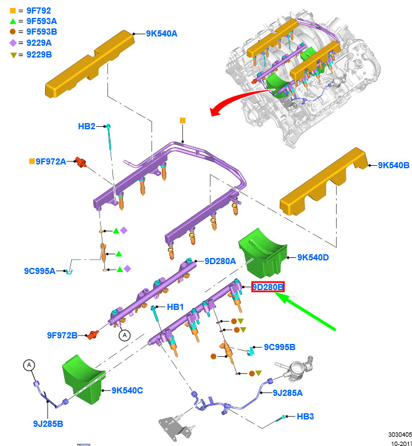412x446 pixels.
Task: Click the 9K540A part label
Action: (162, 33)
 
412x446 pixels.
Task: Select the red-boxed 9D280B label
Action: (267, 287)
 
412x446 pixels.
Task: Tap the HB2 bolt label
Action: (86, 126)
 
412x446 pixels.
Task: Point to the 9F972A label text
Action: (51, 161)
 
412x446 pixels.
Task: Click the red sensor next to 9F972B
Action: (93, 335)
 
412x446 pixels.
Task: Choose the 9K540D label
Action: (313, 257)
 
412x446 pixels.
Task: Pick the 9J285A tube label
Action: (287, 393)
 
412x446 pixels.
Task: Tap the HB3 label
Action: (305, 416)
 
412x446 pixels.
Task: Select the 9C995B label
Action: (280, 347)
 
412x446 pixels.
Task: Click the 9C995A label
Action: (40, 271)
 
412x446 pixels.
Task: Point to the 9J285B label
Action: (48, 424)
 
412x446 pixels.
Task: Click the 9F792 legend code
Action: (39, 11)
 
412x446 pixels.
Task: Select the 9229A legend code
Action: (39, 43)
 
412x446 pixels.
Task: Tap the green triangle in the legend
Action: (13, 21)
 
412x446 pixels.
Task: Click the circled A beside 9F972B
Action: (124, 335)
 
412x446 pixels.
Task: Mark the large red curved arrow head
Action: (215, 111)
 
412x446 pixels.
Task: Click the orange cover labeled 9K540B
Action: (324, 181)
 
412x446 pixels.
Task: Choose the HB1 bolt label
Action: (175, 307)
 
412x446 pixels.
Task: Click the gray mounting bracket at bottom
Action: (174, 428)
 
